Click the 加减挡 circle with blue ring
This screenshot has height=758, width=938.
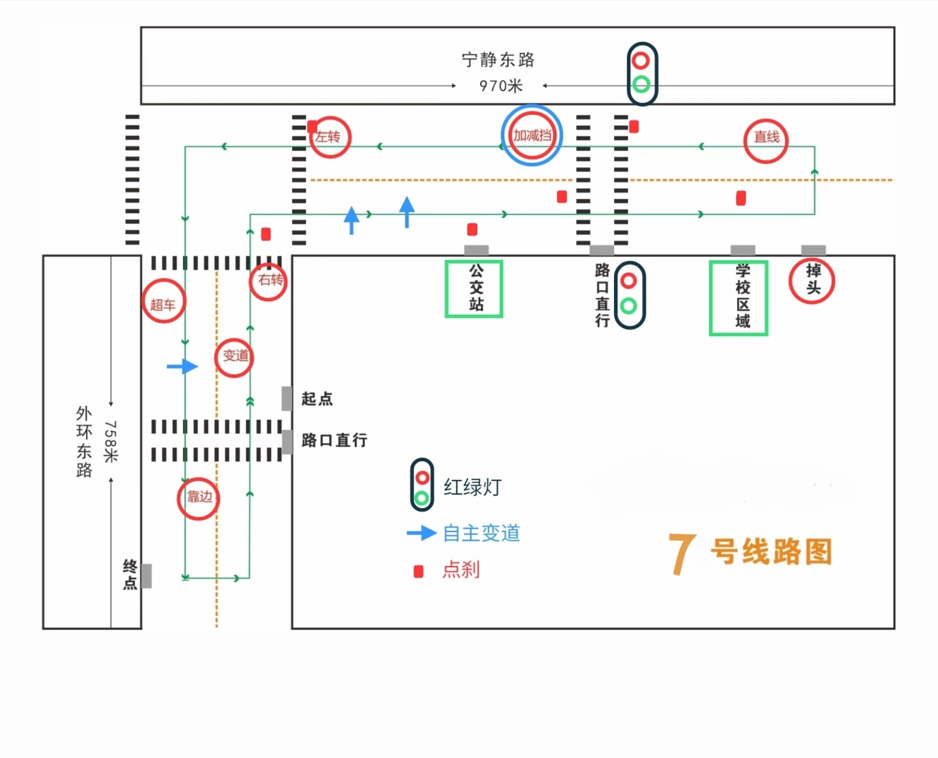532,135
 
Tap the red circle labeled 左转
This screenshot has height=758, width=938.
330,137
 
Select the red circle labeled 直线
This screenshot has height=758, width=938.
766,140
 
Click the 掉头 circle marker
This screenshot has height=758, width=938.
812,280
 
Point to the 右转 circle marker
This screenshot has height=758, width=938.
269,281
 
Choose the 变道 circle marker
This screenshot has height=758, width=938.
234,357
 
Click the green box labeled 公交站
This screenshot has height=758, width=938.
473,289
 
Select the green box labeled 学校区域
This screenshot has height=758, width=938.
738,298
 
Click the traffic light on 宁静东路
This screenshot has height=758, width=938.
641,73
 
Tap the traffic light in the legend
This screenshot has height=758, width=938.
421,484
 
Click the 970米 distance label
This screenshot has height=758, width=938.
501,86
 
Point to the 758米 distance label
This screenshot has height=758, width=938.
110,441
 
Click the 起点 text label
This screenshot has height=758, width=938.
317,399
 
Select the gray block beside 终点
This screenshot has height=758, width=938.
146,576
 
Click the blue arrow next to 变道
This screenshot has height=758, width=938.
182,366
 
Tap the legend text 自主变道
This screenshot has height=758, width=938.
481,533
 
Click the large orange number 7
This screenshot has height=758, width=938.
682,553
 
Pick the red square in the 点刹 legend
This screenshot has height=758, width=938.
418,571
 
